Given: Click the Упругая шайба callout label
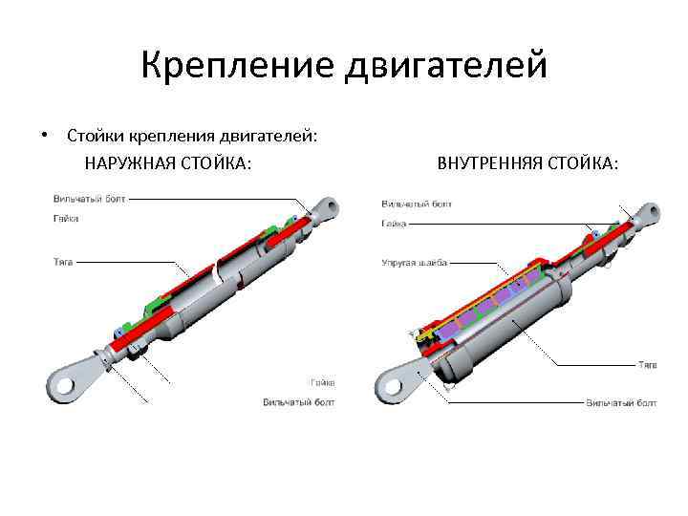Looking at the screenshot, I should click(x=415, y=262).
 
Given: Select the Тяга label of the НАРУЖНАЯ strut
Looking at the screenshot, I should click(x=63, y=260).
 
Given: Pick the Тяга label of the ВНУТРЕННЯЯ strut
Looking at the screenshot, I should click(x=648, y=364).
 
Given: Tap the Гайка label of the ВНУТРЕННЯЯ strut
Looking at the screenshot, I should click(x=395, y=224).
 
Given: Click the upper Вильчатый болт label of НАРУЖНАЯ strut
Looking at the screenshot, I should click(x=89, y=199).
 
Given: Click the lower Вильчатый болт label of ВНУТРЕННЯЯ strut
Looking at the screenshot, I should click(x=621, y=403).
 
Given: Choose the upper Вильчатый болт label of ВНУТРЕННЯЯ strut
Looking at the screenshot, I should click(x=417, y=204).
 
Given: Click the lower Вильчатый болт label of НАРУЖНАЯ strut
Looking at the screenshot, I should click(x=299, y=402).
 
